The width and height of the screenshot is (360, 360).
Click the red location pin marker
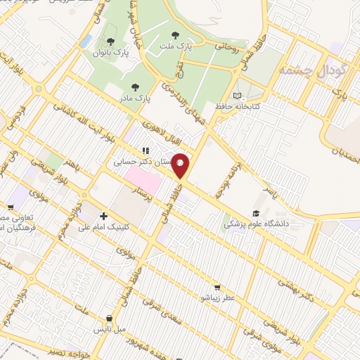coord(181,166)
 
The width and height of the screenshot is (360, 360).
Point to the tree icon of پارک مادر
coord(134,87)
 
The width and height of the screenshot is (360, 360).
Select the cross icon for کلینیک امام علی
coord(103,216)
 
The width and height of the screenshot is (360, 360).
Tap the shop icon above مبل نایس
coord(109,318)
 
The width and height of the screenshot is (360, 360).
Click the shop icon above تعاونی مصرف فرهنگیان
coord(11,207)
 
